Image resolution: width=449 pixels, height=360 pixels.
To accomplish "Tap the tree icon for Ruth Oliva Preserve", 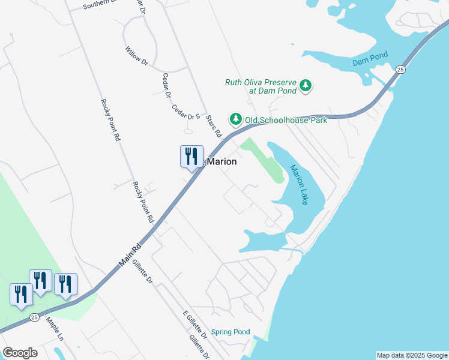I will (x=306, y=86).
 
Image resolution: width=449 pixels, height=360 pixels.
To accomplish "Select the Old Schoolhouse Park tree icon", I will (x=236, y=119).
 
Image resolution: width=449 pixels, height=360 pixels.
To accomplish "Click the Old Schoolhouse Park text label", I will (x=286, y=120).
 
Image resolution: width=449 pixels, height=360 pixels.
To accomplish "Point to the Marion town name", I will (x=221, y=162).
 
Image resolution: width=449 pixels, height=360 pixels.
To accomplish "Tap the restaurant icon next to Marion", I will (x=191, y=157).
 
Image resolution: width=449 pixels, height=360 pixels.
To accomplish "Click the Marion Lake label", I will (x=298, y=185).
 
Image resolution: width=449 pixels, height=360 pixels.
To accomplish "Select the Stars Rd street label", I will (x=214, y=126).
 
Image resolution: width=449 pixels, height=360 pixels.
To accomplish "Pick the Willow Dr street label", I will (x=136, y=55).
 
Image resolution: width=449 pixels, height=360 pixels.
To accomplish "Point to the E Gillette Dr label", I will (x=193, y=323).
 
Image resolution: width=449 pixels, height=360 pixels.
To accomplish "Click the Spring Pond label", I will (x=231, y=332).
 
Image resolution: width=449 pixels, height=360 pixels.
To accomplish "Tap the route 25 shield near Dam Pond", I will (x=400, y=70).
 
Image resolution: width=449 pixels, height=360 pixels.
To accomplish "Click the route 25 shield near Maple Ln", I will (x=35, y=317).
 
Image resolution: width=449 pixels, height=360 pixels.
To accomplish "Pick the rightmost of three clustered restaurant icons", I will (x=65, y=284).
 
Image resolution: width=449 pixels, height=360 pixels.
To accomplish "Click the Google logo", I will (x=20, y=352).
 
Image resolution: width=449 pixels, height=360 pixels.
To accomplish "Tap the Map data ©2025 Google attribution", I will (x=411, y=355).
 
